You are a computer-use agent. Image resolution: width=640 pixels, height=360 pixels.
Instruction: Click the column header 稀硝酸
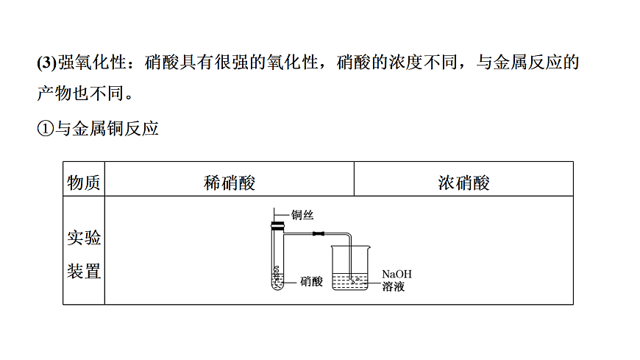point(230,183)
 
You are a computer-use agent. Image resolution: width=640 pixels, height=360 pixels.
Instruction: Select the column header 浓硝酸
point(463,183)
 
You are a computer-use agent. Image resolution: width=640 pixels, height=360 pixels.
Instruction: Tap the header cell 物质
point(84,183)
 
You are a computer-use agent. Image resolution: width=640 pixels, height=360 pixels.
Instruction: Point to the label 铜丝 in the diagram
point(302,215)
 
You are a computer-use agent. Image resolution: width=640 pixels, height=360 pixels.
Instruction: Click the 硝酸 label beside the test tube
point(311,281)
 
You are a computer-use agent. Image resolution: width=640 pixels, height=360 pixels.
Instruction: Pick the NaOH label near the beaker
point(397,274)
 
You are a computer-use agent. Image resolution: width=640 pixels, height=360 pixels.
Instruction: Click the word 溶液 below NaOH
point(394,286)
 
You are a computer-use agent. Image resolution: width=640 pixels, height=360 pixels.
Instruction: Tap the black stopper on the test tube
point(277,225)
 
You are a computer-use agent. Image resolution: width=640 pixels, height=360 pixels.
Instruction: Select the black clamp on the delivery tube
point(319,233)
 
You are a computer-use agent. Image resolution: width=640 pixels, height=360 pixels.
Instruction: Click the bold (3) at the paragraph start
point(46,63)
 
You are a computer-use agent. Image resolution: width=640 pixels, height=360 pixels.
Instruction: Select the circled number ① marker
point(46,129)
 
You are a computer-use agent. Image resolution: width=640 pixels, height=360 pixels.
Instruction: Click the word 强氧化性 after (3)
point(91,63)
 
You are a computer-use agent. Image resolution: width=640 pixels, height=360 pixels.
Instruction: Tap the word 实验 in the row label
point(84,237)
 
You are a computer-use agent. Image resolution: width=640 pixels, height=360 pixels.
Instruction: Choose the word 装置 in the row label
point(84,271)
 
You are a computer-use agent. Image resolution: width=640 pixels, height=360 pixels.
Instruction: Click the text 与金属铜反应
point(107,129)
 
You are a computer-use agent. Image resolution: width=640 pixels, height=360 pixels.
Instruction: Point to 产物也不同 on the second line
point(80,93)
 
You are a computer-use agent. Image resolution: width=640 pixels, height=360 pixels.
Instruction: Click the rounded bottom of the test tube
point(277,286)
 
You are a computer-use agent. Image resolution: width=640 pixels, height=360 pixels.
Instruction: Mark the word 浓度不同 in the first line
point(422,63)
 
